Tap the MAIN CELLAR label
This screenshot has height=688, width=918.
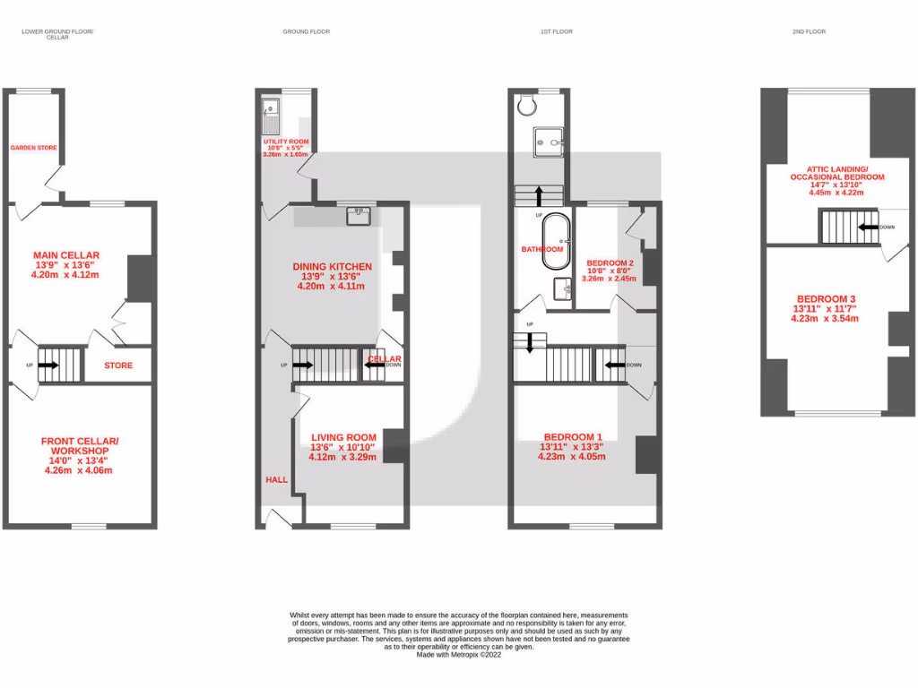pos(65,255)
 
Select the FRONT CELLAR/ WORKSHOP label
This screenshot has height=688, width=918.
pos(80,445)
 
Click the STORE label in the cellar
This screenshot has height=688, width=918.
pos(118,365)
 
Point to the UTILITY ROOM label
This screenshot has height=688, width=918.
pos(286,142)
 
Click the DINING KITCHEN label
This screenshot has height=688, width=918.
pos(332,266)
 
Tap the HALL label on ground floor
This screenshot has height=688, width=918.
pos(276,480)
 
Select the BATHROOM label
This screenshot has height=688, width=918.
pos(542,249)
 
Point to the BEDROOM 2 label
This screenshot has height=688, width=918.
pos(611,262)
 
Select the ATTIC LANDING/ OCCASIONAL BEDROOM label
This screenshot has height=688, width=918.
pos(836,173)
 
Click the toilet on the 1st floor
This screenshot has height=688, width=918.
pos(527,106)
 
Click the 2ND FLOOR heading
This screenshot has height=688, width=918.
pos(809,31)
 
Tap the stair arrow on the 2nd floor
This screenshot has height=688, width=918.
pos(867,227)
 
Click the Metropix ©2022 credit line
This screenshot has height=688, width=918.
pos(459,654)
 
